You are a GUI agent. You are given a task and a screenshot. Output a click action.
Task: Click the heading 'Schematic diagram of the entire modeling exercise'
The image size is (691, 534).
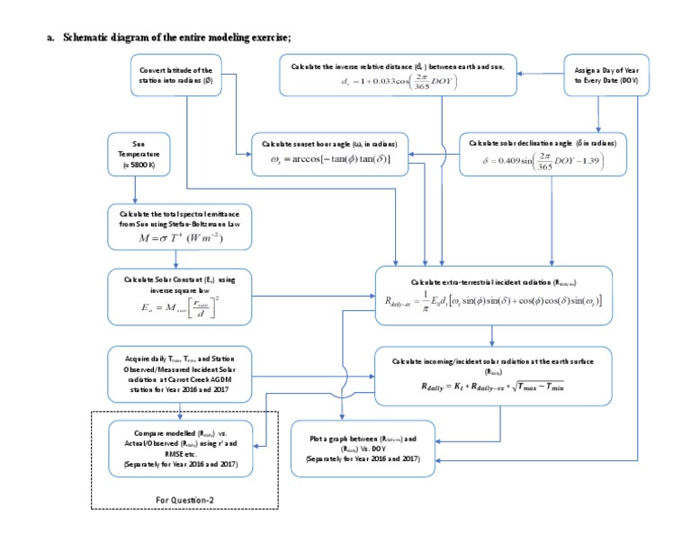point(181,38)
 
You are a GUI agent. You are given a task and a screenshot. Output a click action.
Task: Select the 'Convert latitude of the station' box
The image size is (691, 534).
point(176,75)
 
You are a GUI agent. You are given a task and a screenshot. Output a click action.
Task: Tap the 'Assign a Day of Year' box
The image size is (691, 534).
point(599,75)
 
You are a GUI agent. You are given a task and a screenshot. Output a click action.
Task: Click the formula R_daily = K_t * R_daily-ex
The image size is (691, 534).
point(492,386)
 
